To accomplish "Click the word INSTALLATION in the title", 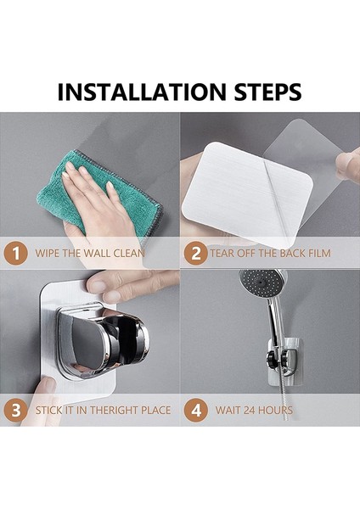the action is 141,92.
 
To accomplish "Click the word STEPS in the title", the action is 267,92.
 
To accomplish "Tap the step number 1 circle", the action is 15,253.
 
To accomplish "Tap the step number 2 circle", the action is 195,253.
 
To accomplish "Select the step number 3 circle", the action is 15,411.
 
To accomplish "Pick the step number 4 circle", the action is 195,411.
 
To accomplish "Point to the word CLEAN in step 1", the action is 129,253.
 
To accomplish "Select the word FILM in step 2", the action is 318,253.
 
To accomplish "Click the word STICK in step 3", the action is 48,411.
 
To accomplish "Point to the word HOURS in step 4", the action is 277,411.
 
